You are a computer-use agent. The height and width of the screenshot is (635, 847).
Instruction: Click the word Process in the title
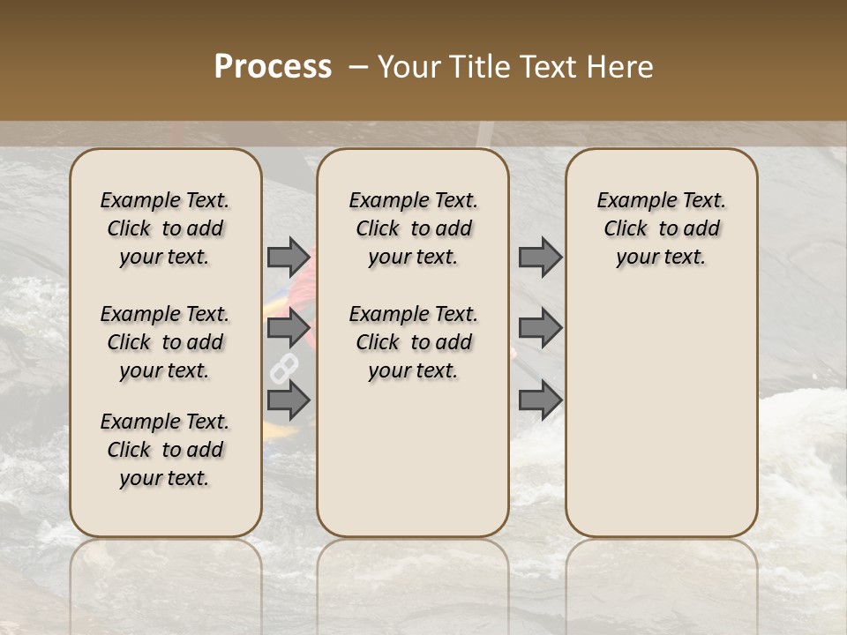coord(273,67)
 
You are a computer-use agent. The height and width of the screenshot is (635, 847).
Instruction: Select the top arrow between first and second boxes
coord(289,257)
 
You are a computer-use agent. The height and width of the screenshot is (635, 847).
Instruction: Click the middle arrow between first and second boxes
coord(289,328)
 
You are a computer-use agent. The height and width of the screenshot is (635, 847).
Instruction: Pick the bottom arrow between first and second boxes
coord(289,400)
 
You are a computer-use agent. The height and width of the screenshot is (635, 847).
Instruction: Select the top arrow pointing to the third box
coord(540,257)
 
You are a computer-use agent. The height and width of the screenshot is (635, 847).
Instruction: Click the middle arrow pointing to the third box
coord(540,328)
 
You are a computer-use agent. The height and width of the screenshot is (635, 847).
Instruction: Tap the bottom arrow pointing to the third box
coord(540,400)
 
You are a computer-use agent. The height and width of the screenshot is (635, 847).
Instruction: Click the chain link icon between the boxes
coord(283,368)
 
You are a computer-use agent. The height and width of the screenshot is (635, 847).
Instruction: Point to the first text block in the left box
coord(165,228)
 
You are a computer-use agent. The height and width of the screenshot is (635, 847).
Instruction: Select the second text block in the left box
coord(165,342)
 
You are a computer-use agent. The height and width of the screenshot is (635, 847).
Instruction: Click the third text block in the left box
coord(165,450)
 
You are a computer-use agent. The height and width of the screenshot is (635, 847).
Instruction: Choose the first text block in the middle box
coord(413,228)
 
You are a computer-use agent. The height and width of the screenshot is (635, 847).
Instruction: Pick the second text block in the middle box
coord(413,342)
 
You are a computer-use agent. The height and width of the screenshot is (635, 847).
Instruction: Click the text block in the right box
coord(661,228)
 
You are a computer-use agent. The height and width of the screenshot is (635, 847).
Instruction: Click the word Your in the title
coord(410,67)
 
